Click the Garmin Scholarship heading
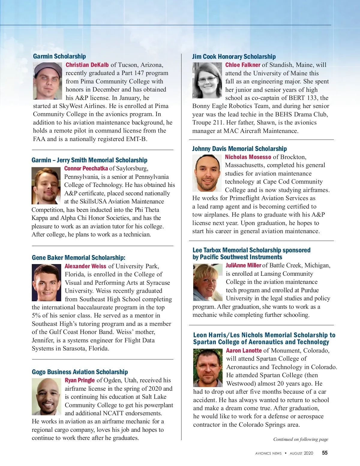click(59, 56)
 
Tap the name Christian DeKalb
click(87, 65)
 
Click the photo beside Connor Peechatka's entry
click(46, 186)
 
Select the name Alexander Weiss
click(85, 266)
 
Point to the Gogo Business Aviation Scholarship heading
click(80, 372)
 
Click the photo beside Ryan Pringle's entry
click(46, 396)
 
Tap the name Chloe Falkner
click(243, 65)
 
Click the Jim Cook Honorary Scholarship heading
click(234, 57)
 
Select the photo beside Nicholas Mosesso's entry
click(207, 173)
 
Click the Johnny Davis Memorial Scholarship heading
click(239, 149)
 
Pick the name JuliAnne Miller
click(243, 265)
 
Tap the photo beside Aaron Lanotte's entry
click(208, 368)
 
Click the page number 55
click(325, 453)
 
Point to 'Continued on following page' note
click(301, 439)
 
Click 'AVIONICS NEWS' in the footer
click(268, 453)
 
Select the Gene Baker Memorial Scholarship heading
click(79, 258)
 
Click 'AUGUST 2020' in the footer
click(301, 453)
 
